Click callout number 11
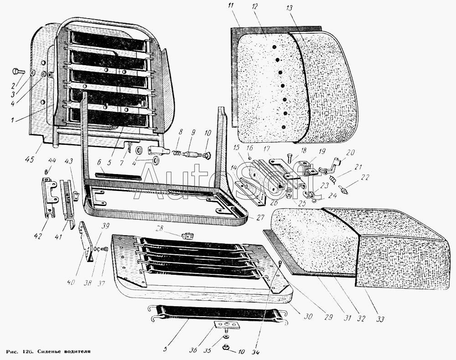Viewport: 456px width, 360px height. (x=231, y=6)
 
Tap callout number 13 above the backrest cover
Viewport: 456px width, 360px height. (x=290, y=9)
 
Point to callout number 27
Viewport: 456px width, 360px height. (x=260, y=217)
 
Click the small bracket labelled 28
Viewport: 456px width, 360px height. (x=187, y=236)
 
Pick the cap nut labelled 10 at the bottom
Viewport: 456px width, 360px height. (x=225, y=349)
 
